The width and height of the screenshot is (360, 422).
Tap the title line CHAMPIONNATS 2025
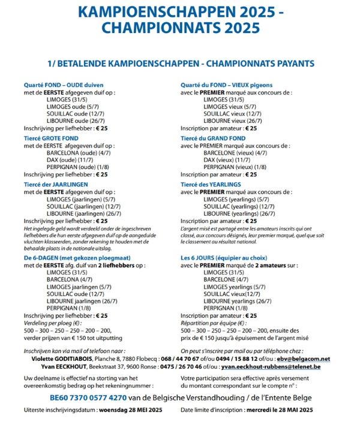click(180, 28)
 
